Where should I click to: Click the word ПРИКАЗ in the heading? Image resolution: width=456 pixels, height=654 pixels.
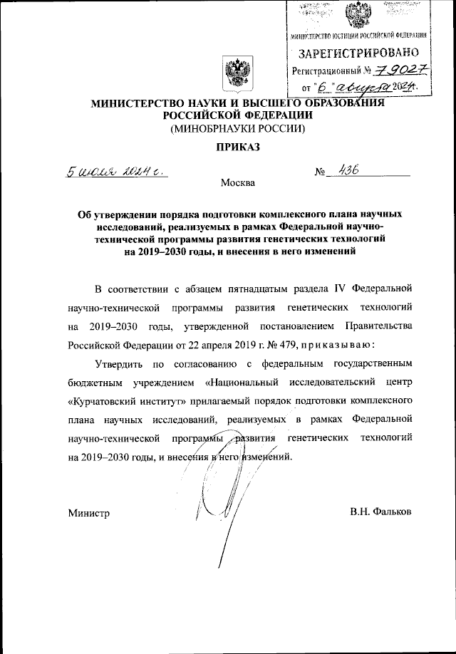click(237, 147)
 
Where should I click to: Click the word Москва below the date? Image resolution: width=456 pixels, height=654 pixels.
click(237, 184)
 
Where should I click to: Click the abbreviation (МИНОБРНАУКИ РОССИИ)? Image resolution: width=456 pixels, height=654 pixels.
click(237, 129)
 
